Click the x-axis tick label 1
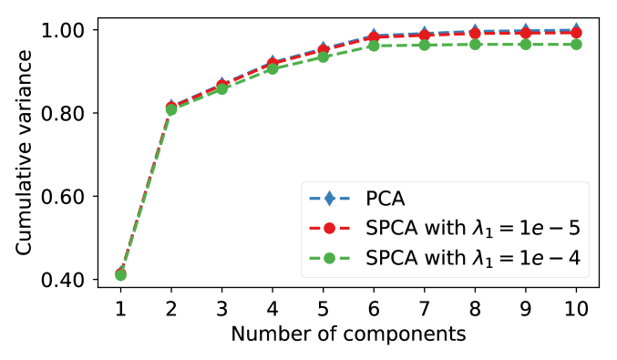click(120, 308)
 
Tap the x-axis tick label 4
click(273, 308)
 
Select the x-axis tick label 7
click(424, 308)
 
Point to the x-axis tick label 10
click(576, 308)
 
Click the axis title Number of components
click(348, 334)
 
